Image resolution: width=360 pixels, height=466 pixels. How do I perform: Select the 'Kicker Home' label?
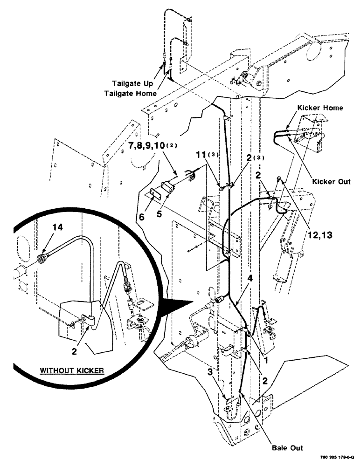click(x=321, y=108)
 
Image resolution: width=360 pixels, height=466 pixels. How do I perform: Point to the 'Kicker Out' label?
click(x=332, y=181)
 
